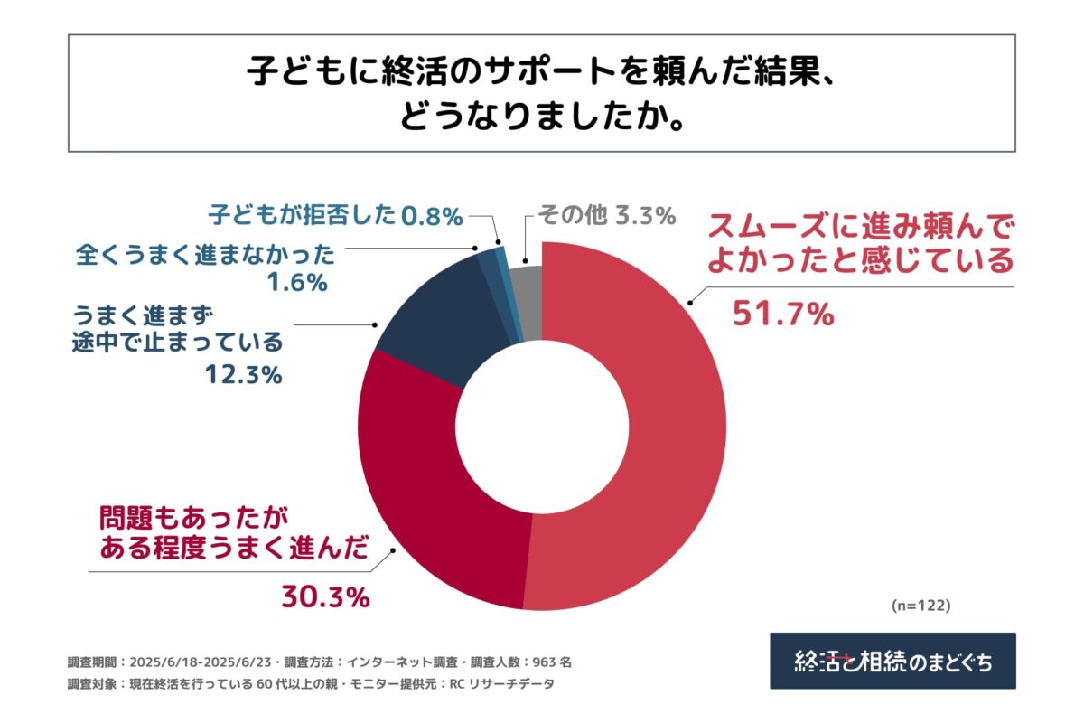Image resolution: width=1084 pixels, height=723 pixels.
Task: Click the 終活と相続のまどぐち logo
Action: point(892,661)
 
